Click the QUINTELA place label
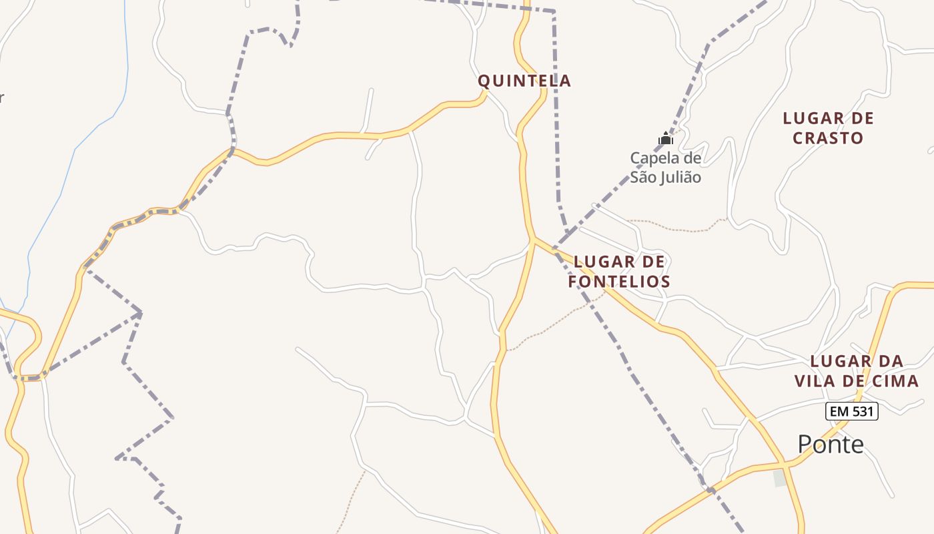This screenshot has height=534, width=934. pos(524,81)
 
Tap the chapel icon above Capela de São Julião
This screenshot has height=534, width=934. pos(665,138)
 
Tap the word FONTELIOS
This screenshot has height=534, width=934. pos(619,282)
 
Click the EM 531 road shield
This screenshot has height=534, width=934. pos(851,411)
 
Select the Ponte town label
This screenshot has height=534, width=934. pos(831,444)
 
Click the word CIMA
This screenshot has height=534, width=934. pos(897,381)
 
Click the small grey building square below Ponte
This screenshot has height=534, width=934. pos(779,478)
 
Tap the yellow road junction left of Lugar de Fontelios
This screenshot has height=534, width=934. pos(534,239)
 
